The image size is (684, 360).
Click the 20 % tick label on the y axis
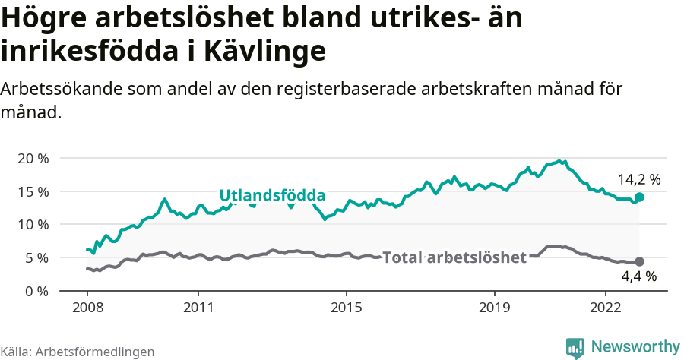(33, 158)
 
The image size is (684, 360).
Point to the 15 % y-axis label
(33, 191)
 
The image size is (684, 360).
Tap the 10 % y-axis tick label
(33, 225)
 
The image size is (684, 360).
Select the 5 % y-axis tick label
(36, 258)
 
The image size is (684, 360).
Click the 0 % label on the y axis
(36, 291)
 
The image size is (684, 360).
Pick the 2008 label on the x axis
(87, 308)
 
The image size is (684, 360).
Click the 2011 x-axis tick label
(198, 308)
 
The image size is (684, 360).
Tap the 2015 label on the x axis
(346, 308)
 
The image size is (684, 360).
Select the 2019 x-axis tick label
(494, 308)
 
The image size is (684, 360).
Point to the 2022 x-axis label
(605, 308)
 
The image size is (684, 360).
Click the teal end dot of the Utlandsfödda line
(639, 197)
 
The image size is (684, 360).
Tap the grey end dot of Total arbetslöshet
(639, 261)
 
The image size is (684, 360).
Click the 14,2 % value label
(638, 180)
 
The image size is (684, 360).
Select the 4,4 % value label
(638, 276)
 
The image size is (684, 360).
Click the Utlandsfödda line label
(272, 195)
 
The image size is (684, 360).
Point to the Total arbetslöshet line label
(454, 257)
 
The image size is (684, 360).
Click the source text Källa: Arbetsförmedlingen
(78, 352)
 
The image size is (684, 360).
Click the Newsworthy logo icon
(575, 347)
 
